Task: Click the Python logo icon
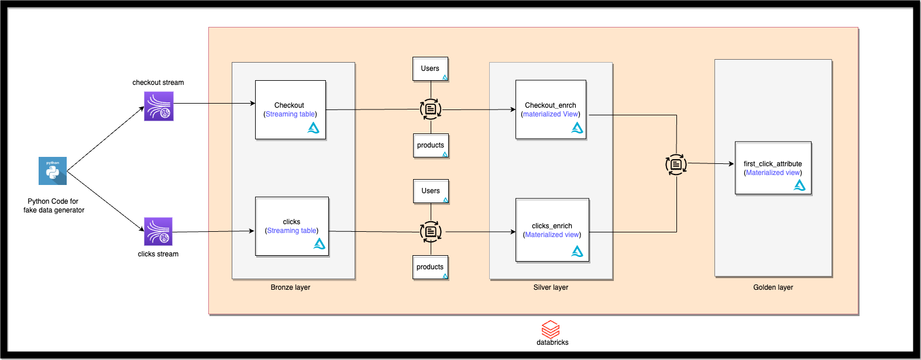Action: tap(53, 171)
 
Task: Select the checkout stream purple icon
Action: tap(159, 106)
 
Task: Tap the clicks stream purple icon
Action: tap(159, 232)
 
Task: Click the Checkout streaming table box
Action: tap(290, 110)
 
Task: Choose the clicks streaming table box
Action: tap(292, 227)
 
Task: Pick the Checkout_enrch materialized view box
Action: tap(551, 109)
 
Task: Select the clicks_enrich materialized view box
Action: tap(552, 230)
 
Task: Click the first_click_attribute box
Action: tap(773, 168)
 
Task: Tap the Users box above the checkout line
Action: tap(430, 69)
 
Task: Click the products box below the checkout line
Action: tap(431, 146)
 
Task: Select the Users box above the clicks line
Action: tap(431, 191)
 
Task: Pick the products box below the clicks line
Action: tap(430, 268)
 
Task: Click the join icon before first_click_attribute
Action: tap(676, 165)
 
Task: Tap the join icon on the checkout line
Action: tap(431, 109)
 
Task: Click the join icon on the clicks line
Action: tap(431, 232)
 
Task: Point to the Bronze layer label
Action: tap(290, 287)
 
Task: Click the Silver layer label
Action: tap(551, 287)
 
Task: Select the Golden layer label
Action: tap(773, 287)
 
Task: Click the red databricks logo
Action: tap(551, 329)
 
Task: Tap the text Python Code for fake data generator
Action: tap(53, 205)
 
